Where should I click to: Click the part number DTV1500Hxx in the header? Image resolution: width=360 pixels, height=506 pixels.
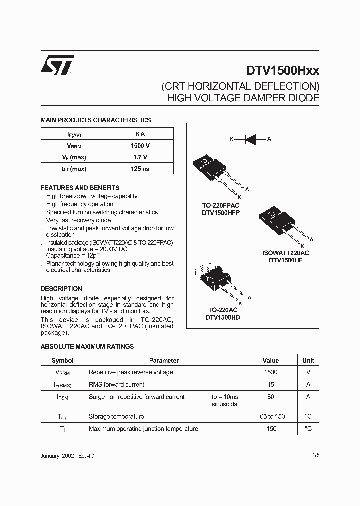(282, 70)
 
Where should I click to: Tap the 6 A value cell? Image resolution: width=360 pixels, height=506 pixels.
(140, 134)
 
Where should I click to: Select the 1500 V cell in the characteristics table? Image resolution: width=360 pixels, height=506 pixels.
(140, 146)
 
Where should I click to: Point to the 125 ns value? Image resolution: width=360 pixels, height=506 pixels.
(140, 169)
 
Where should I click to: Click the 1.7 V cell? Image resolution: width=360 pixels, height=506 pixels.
(140, 157)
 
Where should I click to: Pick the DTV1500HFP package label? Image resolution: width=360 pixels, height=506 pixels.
(221, 213)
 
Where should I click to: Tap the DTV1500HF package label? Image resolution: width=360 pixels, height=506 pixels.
(282, 260)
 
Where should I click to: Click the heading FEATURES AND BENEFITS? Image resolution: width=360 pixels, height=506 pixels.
(80, 188)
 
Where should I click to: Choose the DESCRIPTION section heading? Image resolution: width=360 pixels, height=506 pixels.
(61, 289)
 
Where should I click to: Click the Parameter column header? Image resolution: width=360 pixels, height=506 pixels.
(164, 360)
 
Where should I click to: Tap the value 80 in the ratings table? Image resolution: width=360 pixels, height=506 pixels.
(271, 397)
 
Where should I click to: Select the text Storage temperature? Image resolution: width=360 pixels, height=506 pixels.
(116, 416)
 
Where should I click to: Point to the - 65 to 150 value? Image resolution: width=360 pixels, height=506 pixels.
(271, 416)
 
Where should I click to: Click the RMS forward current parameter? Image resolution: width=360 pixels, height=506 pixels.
(116, 385)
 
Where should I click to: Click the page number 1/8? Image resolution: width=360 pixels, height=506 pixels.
(316, 455)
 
